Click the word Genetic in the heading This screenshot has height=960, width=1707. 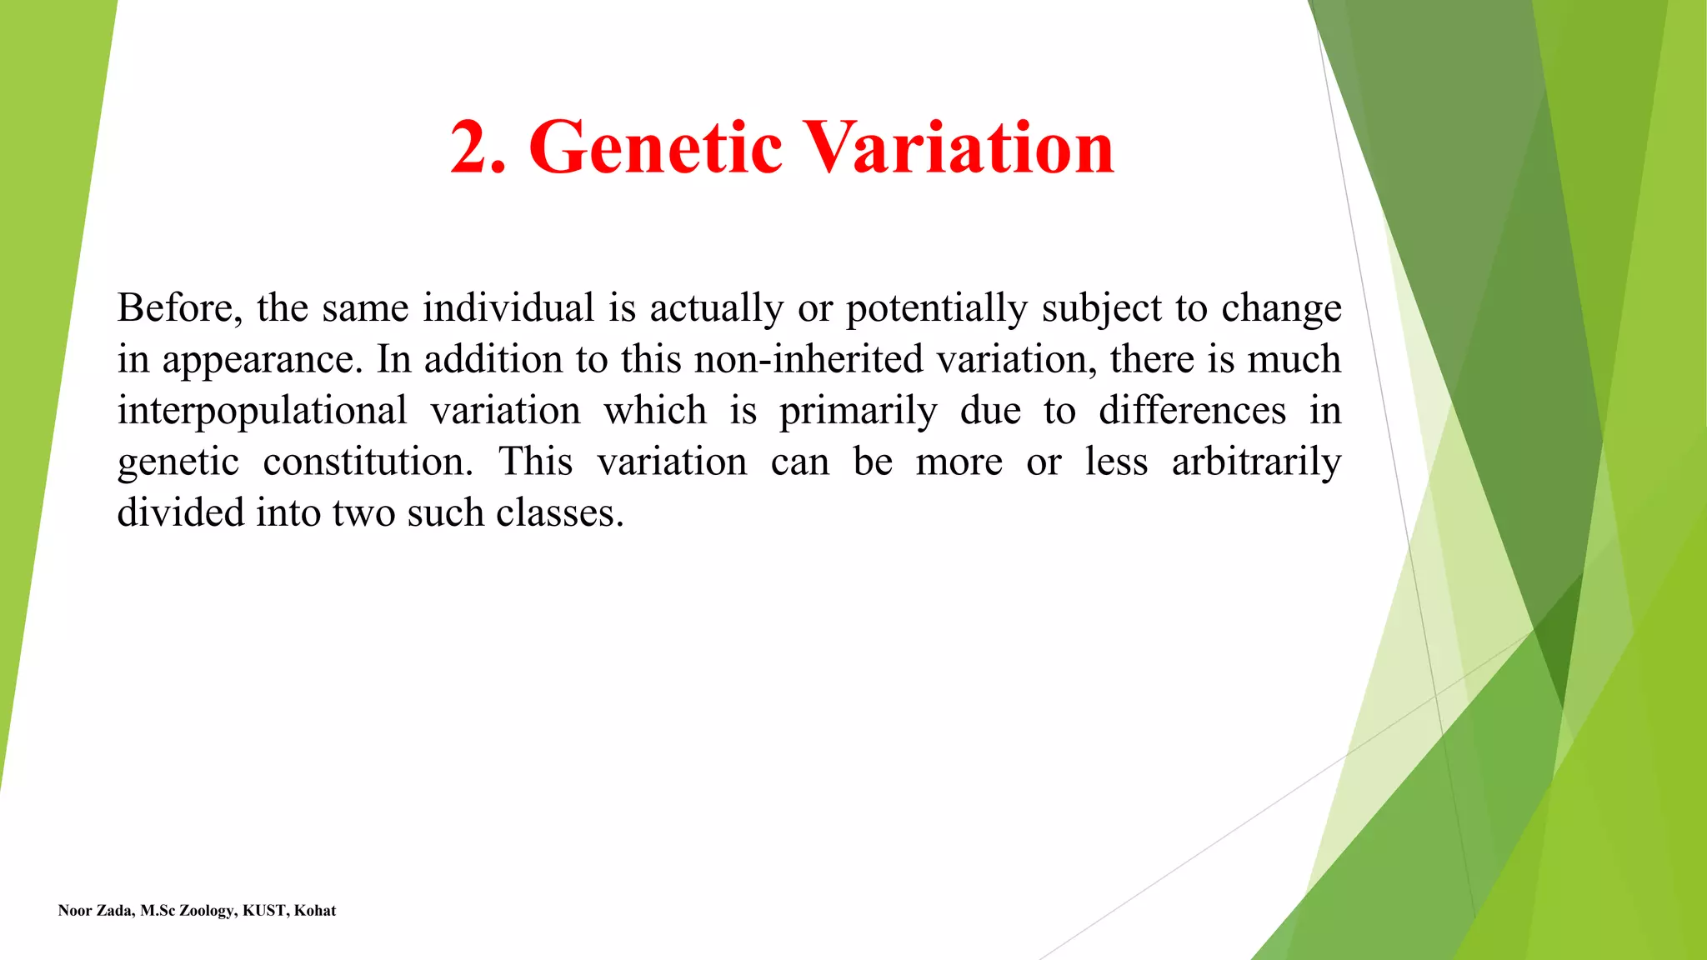[x=655, y=147]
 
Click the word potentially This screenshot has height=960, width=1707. [x=937, y=309]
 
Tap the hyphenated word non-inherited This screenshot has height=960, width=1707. [x=808, y=359]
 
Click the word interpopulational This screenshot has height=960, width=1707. [x=262, y=411]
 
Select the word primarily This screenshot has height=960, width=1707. [x=858, y=412]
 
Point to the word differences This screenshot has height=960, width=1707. [x=1192, y=410]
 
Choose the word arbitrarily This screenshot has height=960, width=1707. [x=1256, y=462]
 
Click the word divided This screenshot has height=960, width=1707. [x=181, y=512]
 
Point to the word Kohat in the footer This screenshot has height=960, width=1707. [x=315, y=911]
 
